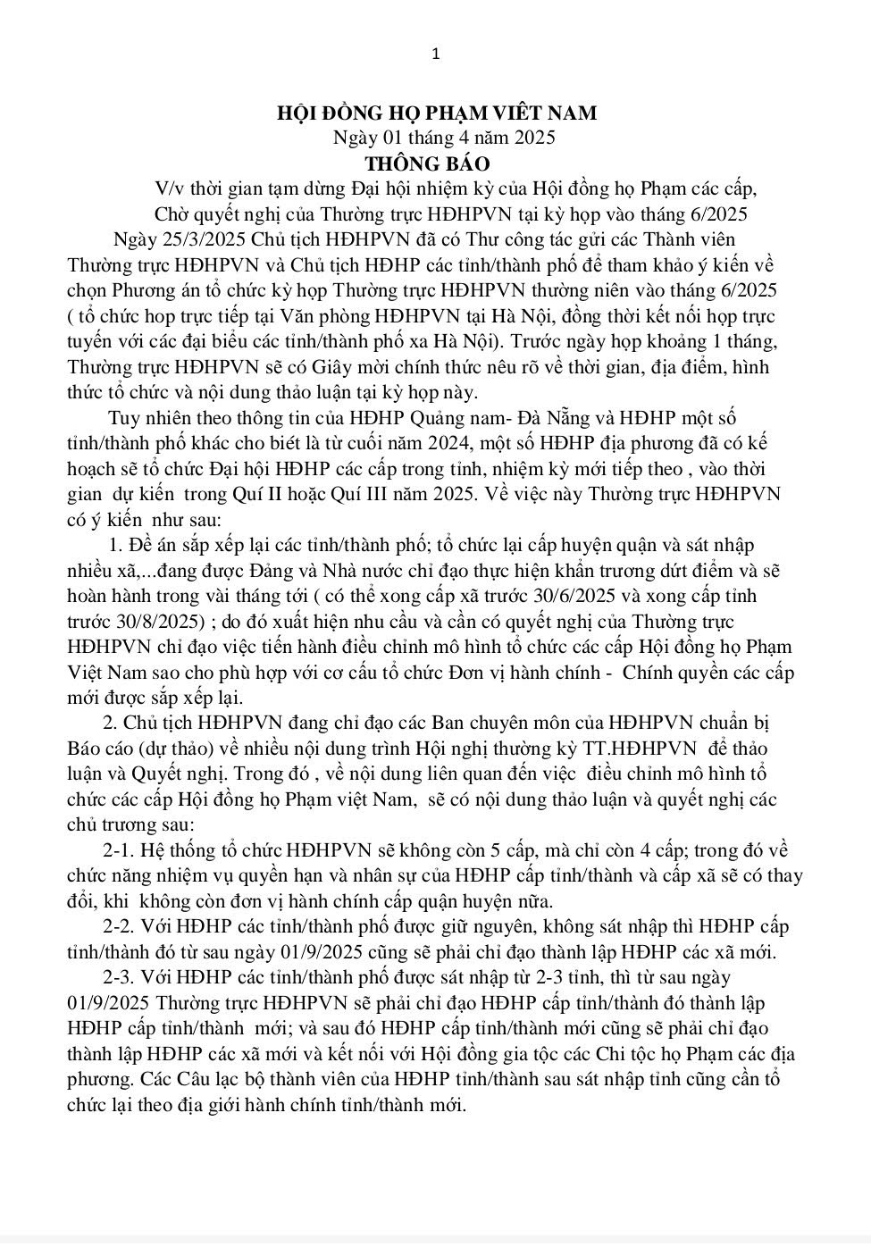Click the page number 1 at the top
point(435,54)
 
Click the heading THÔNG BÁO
point(427,163)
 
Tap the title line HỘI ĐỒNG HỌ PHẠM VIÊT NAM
point(436,113)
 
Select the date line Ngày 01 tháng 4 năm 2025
point(444,138)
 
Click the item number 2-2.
point(121,926)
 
